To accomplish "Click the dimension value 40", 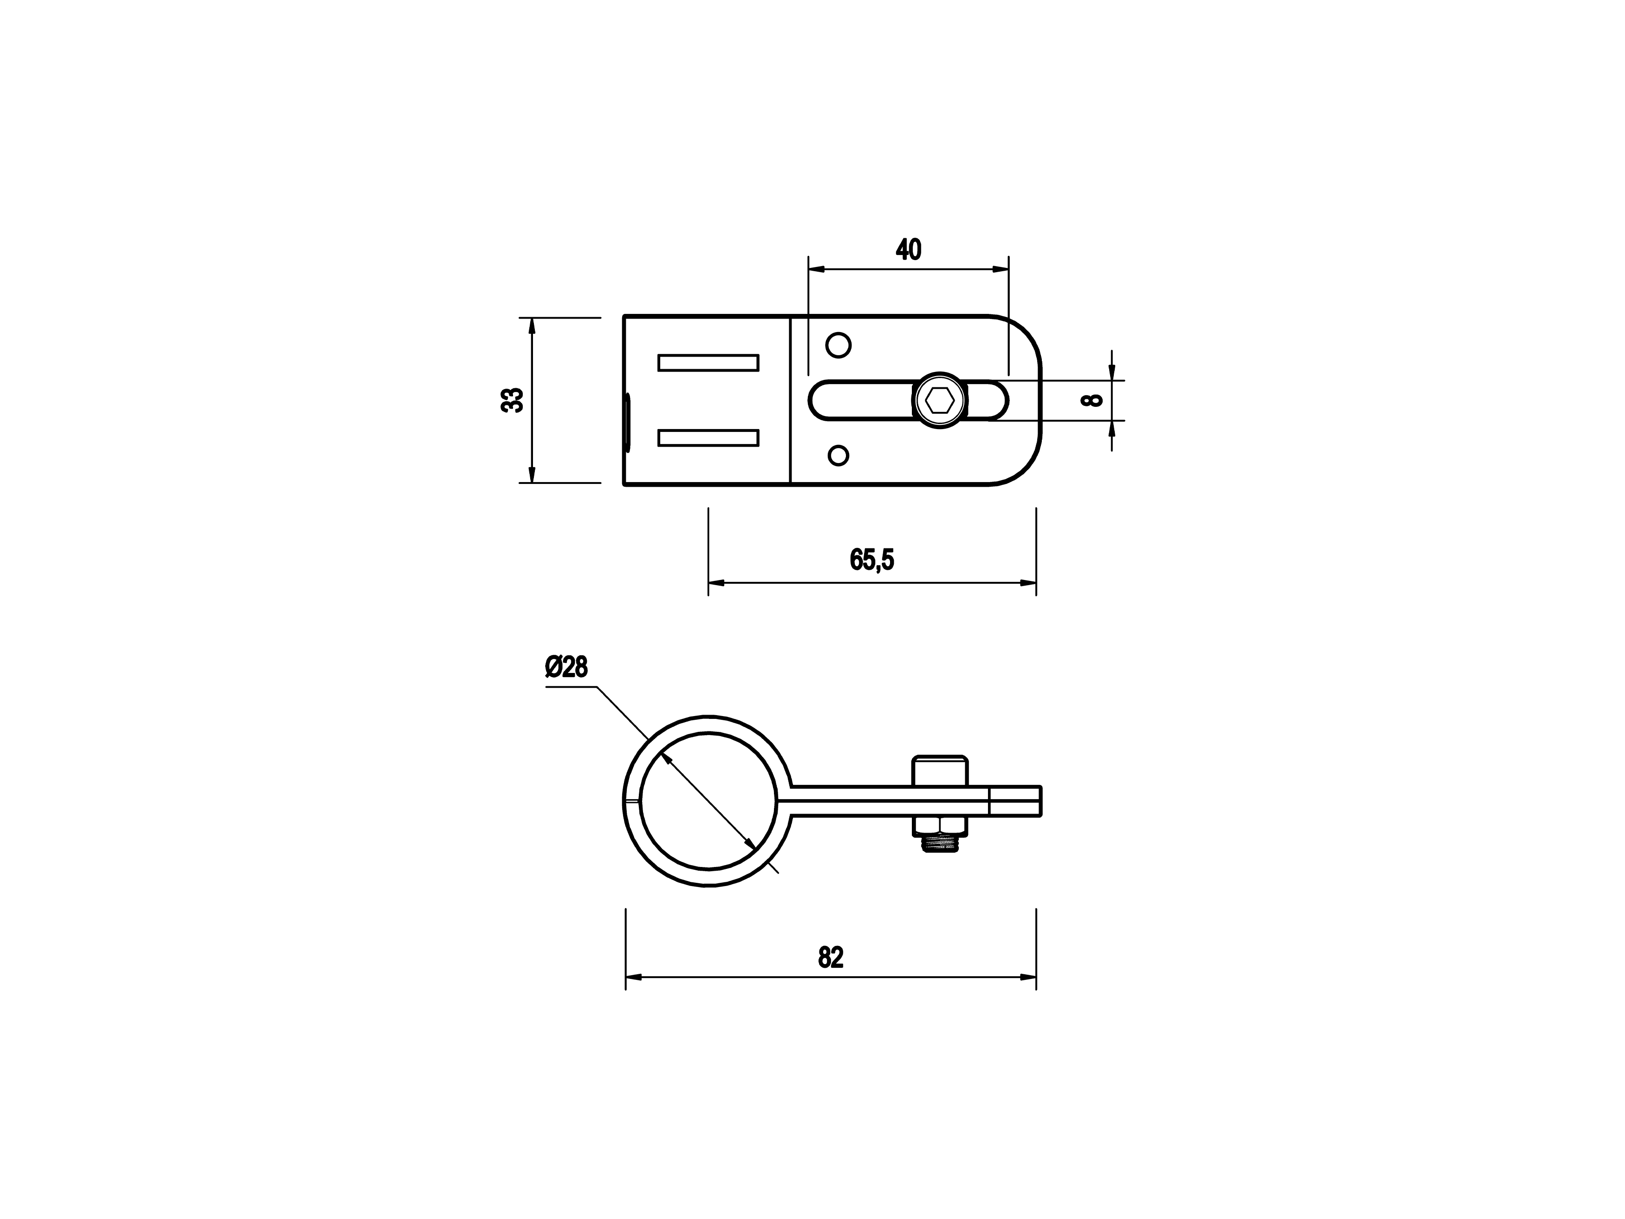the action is pos(908,250).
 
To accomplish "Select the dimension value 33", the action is pos(512,400).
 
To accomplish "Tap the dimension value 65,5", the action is pos(872,560).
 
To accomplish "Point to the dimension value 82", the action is pos(831,958).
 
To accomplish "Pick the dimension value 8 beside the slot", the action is pos(1093,400).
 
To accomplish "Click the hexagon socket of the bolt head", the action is pos(940,400).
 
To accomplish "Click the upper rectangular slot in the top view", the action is pos(708,363).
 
